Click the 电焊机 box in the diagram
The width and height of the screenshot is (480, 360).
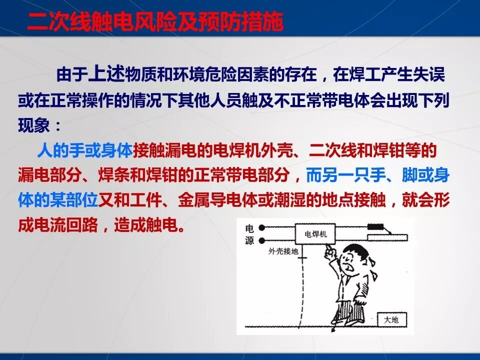click(x=314, y=233)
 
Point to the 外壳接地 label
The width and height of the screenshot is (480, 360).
click(x=283, y=251)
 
